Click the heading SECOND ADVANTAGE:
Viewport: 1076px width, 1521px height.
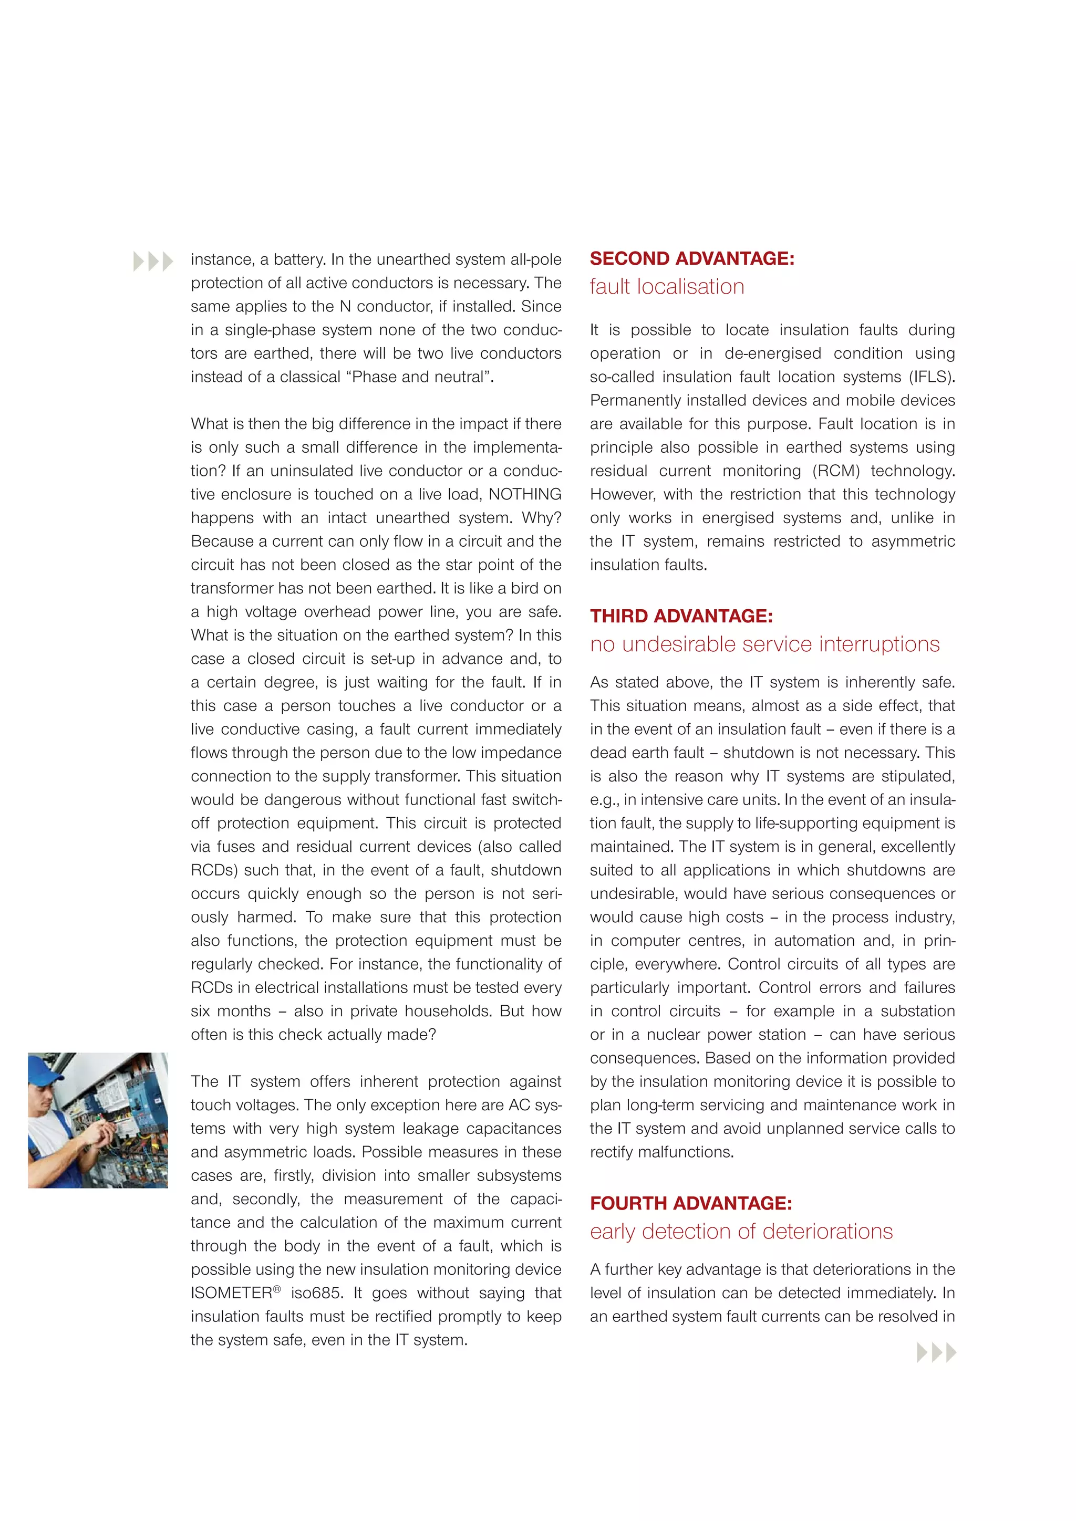point(692,258)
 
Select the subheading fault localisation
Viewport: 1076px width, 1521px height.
point(667,287)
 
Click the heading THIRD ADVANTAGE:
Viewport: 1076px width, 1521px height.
point(681,616)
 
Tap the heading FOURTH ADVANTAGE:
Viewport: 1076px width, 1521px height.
point(690,1203)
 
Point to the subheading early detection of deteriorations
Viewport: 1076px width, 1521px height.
point(741,1232)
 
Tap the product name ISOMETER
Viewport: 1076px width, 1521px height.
point(231,1293)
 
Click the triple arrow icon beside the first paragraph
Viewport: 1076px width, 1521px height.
point(153,262)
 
